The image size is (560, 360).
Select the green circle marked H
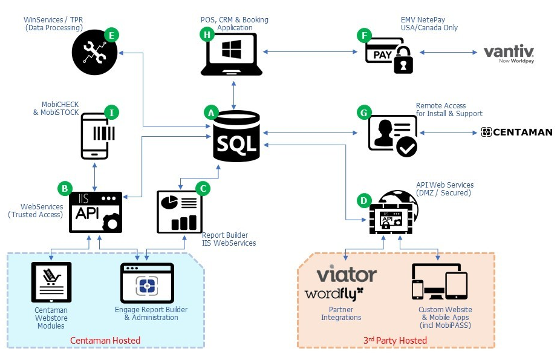(207, 35)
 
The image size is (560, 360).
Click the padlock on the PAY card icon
(403, 62)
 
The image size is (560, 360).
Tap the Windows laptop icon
(232, 54)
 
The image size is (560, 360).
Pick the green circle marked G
(363, 113)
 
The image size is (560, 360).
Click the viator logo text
(347, 275)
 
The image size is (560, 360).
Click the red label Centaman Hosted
(105, 340)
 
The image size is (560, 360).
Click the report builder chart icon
(180, 211)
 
